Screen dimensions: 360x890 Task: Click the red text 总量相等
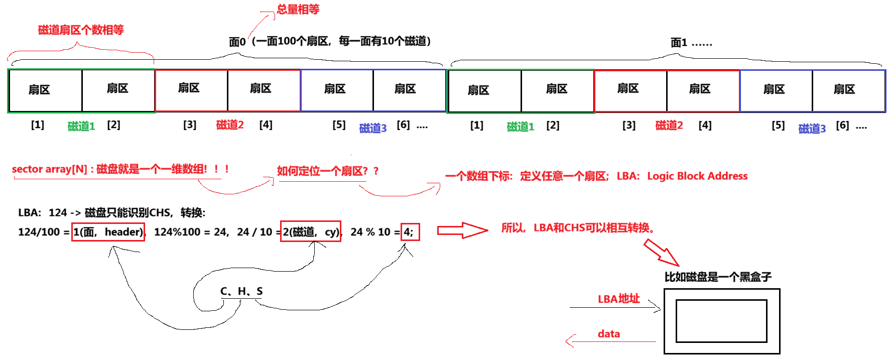pos(298,10)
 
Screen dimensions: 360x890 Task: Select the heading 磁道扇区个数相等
pos(81,30)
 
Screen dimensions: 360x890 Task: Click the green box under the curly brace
pos(81,91)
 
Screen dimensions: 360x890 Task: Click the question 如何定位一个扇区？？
pos(327,171)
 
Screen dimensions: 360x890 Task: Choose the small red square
pos(410,232)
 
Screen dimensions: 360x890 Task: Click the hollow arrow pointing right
pos(462,230)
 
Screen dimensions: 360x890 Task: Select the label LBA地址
pos(619,299)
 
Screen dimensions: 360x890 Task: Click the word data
pos(608,334)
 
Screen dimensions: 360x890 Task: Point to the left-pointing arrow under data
pos(610,342)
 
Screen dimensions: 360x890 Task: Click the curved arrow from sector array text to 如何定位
pos(236,188)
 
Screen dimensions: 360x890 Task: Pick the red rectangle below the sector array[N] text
pos(108,232)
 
